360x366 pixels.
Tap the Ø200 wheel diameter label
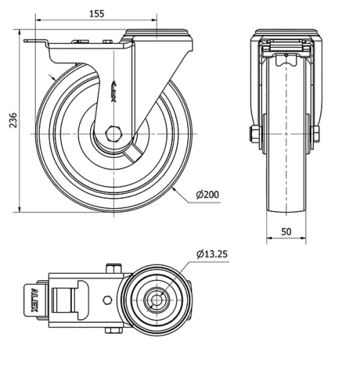tap(208, 194)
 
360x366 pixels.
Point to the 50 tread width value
tap(286, 231)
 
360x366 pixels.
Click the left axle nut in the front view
tap(254, 134)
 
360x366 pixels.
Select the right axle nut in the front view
tap(316, 134)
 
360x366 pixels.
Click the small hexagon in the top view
tap(107, 300)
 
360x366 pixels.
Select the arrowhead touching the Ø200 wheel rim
tap(175, 190)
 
